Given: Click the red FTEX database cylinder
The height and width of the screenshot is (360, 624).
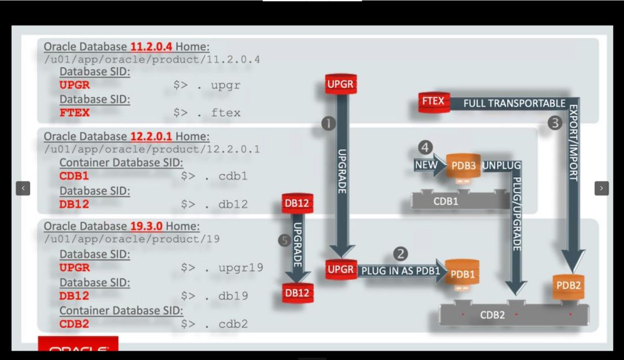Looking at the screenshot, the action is pos(434,102).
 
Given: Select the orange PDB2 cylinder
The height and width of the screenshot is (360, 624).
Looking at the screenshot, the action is pos(569,286).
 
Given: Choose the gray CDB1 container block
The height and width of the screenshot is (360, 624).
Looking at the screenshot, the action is pos(460,200).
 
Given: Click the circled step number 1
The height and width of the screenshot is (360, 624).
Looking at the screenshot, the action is pos(328,124).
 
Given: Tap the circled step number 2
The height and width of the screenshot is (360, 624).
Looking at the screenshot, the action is pos(400,254).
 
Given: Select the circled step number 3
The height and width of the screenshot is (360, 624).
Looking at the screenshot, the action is pos(555,123).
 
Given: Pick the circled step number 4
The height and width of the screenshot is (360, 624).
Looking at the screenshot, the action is pos(425,147).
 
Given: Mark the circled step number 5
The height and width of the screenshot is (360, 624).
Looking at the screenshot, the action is pos(284,240).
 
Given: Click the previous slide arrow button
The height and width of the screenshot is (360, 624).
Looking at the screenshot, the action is pos(23,188).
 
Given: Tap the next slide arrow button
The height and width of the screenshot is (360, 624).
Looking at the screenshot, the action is pos(601,188).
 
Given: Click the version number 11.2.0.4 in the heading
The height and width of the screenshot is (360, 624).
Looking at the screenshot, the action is pos(151,47).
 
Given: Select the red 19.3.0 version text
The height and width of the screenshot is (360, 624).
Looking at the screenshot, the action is pos(146,227).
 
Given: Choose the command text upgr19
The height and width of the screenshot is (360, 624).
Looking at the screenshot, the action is pos(241,268).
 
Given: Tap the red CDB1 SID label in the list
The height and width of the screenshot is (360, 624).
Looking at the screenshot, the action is pos(74,176).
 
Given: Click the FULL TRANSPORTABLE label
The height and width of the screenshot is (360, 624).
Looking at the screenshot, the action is pos(514,103).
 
